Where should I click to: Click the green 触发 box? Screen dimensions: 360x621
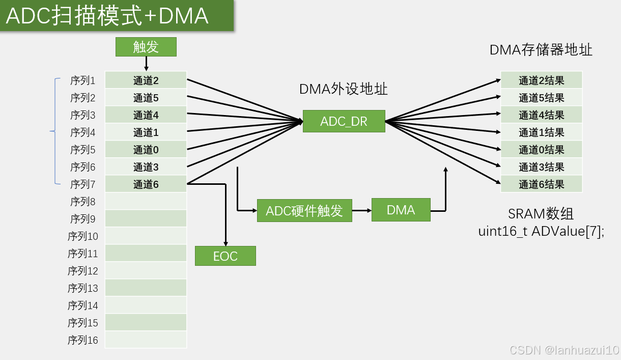coord(146,47)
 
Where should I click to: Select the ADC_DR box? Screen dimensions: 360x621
coord(344,121)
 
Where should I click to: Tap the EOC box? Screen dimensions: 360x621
coord(225,256)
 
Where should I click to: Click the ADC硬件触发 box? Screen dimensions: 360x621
coord(304,210)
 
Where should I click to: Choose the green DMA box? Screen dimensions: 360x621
coord(401,210)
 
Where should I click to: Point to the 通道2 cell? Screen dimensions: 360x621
coord(146,80)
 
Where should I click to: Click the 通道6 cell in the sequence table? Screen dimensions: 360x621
coord(146,184)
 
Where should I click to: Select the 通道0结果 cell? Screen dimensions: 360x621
coord(541,150)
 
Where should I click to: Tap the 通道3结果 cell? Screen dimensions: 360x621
coord(541,167)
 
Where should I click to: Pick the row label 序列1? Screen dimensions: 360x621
coord(82,80)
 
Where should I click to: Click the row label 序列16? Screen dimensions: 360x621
coord(82,340)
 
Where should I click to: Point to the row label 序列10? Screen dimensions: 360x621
coord(82,236)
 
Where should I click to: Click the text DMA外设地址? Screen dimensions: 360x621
coord(343,89)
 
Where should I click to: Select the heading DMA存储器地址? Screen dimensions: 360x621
coord(541,50)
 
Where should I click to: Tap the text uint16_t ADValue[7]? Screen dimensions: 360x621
coord(541,231)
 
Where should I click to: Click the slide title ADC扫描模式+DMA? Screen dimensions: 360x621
coord(107,16)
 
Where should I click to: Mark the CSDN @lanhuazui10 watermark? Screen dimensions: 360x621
coord(564,350)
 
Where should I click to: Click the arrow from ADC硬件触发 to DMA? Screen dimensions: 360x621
coord(361,210)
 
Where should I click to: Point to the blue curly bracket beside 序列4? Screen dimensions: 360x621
coord(53,132)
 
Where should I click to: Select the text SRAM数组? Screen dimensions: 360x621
coord(541,213)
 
